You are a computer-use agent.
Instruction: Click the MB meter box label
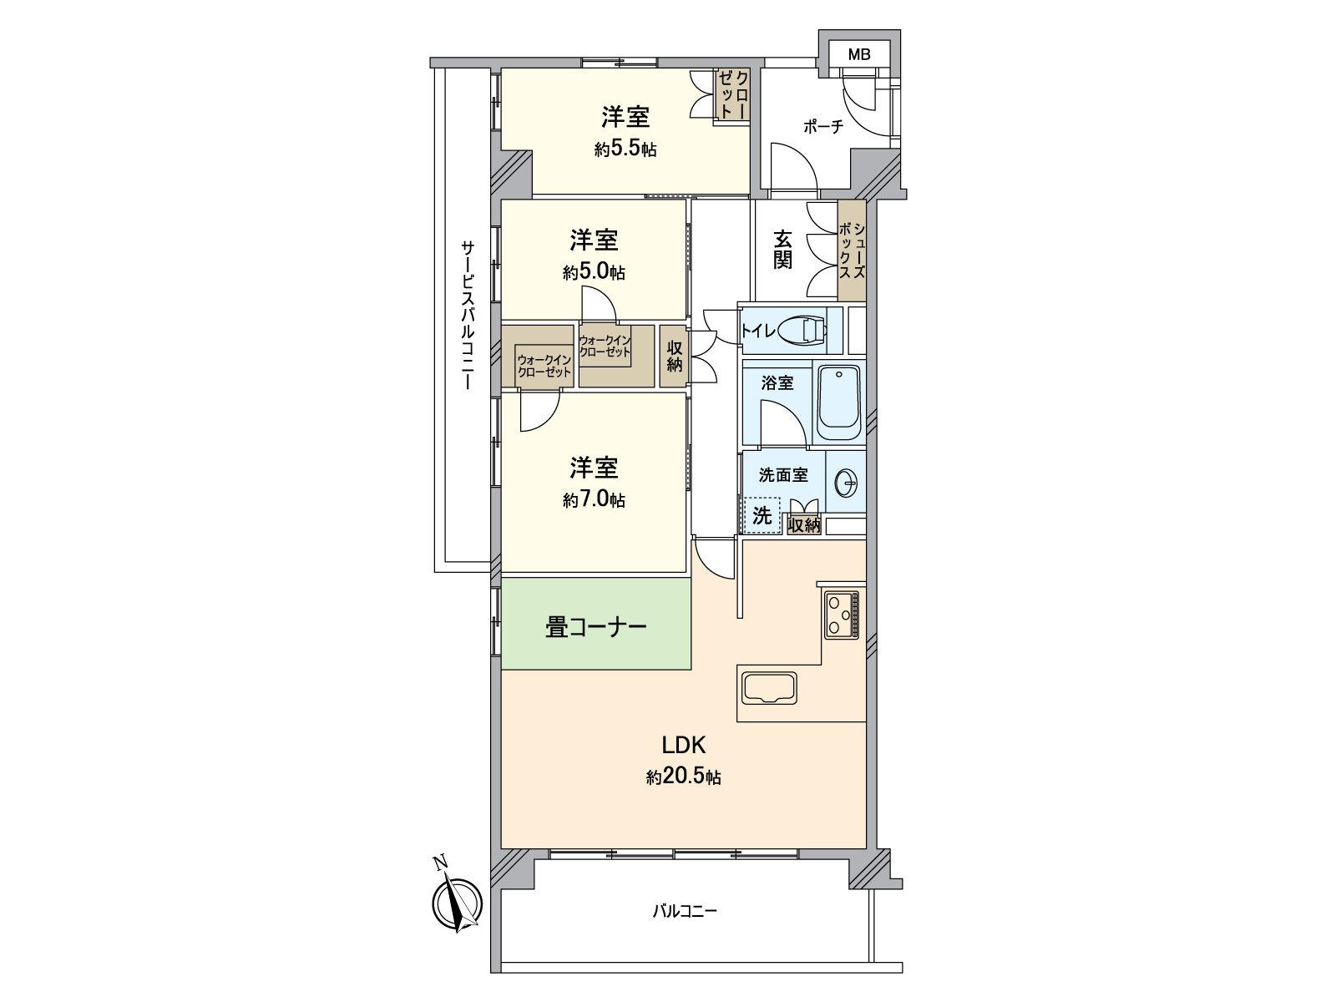(x=858, y=56)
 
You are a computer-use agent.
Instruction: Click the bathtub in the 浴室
(x=838, y=403)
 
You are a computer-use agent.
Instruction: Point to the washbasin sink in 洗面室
(x=845, y=482)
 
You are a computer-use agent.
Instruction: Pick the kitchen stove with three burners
(x=842, y=615)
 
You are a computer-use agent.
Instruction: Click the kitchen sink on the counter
(x=770, y=689)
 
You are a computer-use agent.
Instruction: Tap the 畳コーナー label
(x=595, y=627)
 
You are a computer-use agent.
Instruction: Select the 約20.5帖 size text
(x=683, y=777)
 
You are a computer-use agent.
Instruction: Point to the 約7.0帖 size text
(x=594, y=500)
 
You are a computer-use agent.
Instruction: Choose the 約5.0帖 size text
(x=594, y=272)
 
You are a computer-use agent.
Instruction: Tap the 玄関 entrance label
(x=782, y=250)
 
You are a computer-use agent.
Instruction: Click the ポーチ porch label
(x=823, y=127)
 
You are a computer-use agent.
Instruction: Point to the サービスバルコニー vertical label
(x=467, y=316)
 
